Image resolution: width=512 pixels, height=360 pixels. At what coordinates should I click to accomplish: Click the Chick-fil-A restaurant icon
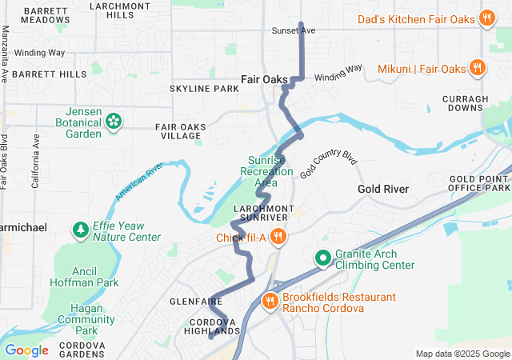tap(278, 236)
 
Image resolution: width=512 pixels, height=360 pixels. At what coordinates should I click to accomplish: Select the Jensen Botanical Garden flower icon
tap(114, 122)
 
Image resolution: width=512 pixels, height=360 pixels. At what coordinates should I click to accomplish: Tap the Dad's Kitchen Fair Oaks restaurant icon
tap(486, 19)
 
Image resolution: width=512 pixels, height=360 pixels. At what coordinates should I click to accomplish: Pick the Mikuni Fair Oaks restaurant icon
tap(477, 68)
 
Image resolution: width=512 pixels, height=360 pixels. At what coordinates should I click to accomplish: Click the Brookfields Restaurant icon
tap(270, 302)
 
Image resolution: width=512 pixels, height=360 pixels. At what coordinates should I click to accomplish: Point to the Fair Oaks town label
tap(265, 79)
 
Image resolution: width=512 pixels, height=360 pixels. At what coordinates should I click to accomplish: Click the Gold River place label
tap(383, 189)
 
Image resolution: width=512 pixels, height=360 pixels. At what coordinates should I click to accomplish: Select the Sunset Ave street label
tap(295, 30)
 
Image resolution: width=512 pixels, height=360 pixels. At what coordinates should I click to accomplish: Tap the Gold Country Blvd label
tap(328, 163)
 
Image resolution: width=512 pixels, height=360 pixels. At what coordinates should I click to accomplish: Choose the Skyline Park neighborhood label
tap(204, 88)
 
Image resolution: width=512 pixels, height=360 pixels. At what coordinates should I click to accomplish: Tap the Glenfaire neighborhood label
tap(190, 301)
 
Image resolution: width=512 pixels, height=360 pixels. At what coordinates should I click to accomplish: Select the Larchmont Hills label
tap(112, 10)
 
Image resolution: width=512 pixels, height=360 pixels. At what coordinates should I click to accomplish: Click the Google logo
tap(26, 350)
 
